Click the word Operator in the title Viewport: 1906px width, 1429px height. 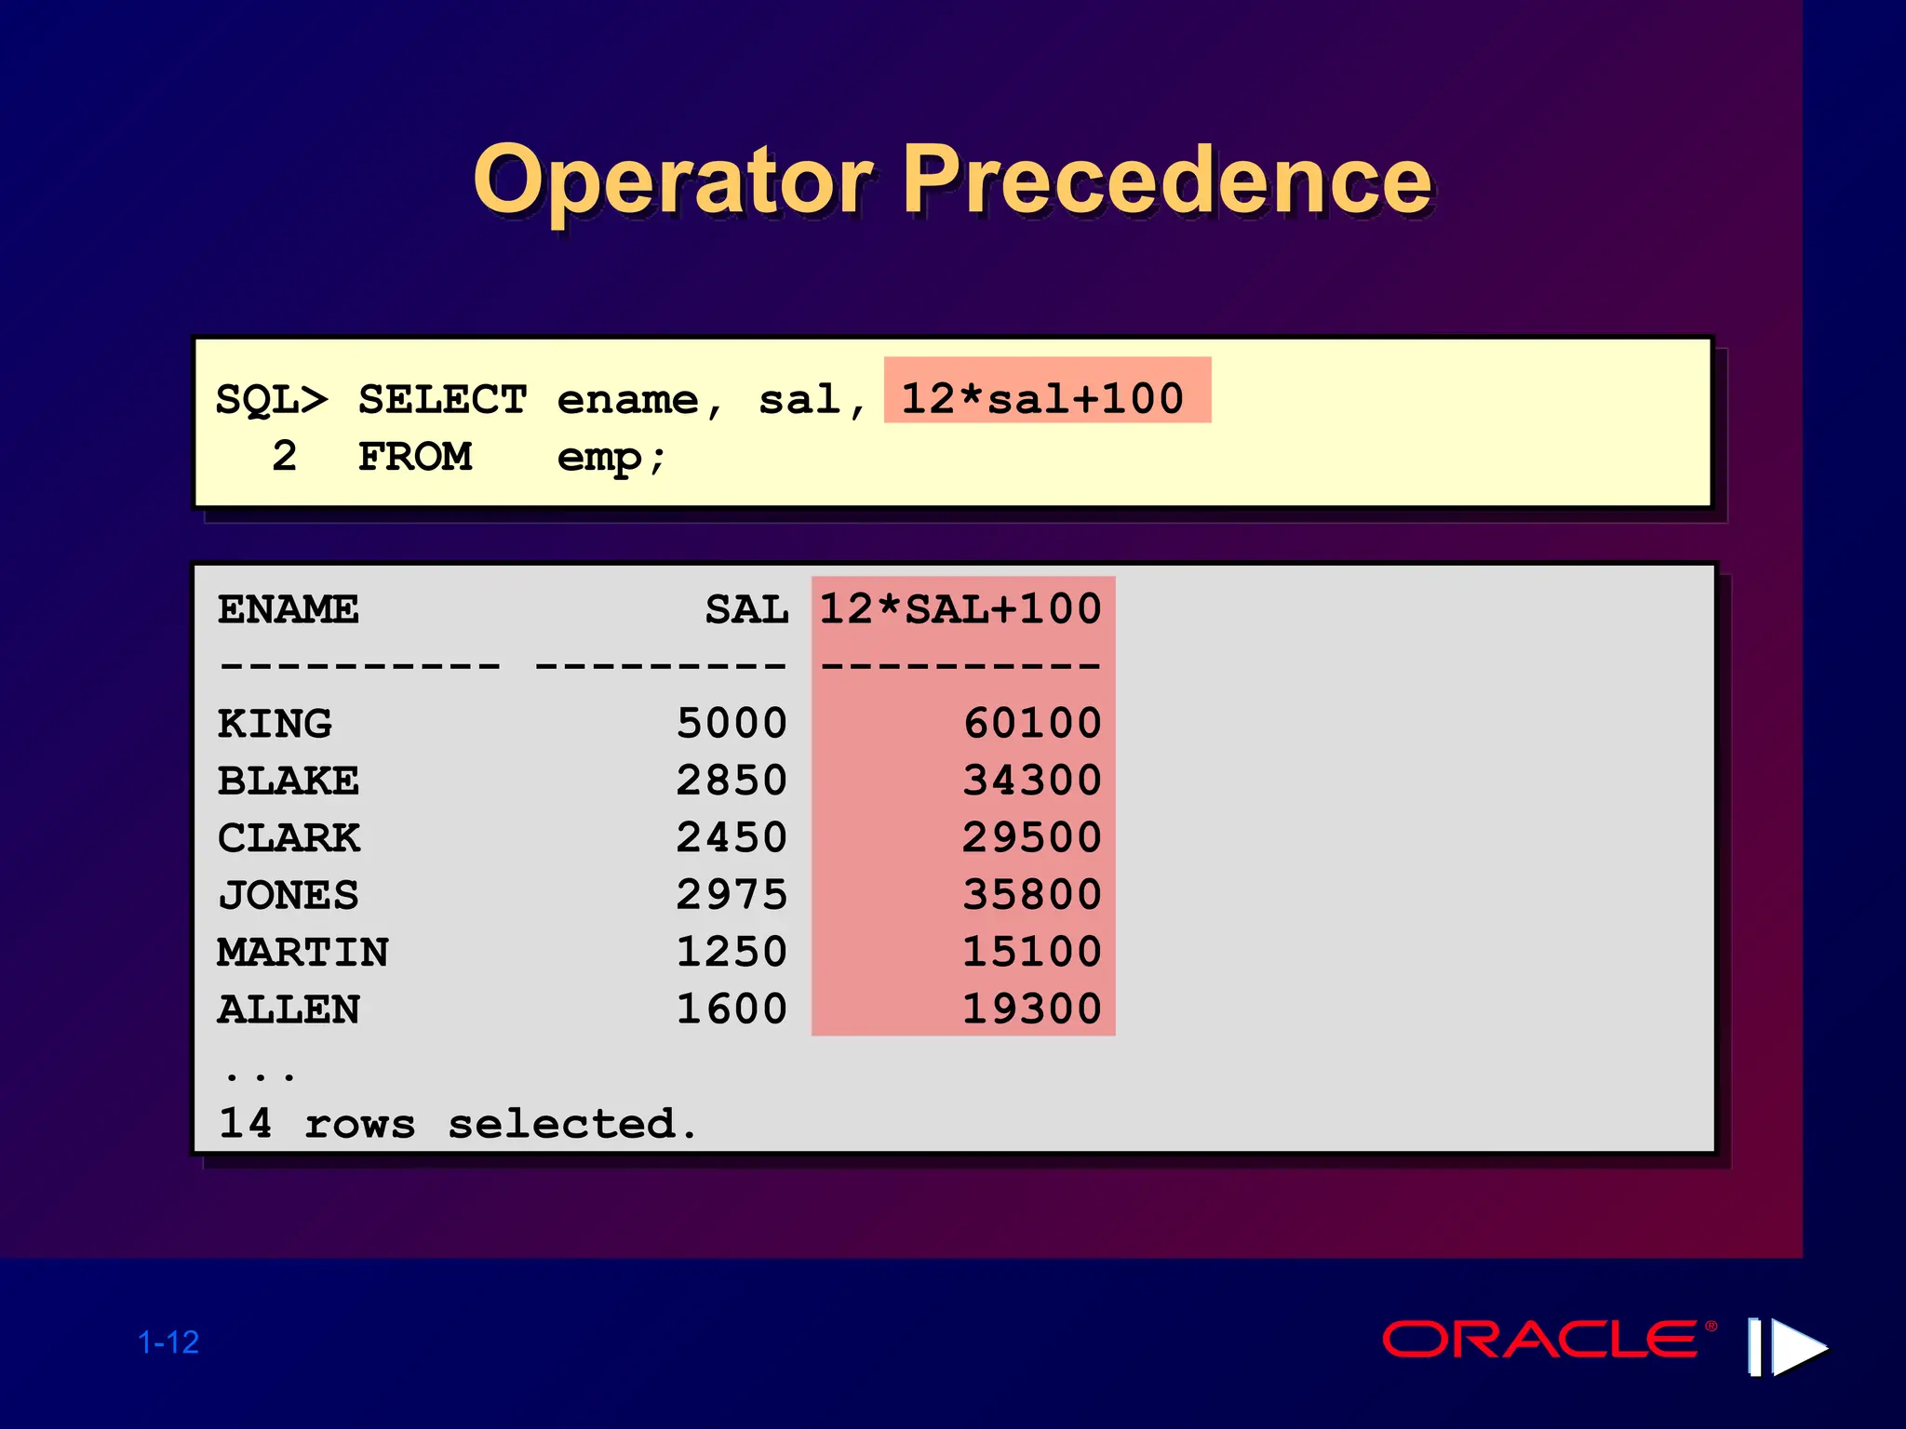(x=674, y=180)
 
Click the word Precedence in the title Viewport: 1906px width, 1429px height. (x=1167, y=180)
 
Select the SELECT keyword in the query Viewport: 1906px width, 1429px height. (x=442, y=400)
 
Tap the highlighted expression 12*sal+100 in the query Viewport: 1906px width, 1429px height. (x=1044, y=398)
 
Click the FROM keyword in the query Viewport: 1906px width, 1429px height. (x=415, y=457)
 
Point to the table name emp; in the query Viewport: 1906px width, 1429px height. (x=611, y=457)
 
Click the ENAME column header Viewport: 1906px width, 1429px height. (x=288, y=609)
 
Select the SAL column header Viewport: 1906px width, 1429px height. (x=746, y=609)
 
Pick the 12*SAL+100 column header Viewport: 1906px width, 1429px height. (x=960, y=609)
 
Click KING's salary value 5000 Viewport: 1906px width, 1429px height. (x=732, y=723)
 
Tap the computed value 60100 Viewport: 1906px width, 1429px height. (x=1032, y=723)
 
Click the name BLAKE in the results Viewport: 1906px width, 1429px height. (x=288, y=781)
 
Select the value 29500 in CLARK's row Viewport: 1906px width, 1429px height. (x=1031, y=837)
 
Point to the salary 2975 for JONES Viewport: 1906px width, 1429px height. (x=732, y=894)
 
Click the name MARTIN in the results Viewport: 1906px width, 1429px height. (x=302, y=952)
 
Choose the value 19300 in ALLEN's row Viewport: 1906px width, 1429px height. (x=1031, y=1008)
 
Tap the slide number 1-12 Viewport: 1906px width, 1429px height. (x=168, y=1342)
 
